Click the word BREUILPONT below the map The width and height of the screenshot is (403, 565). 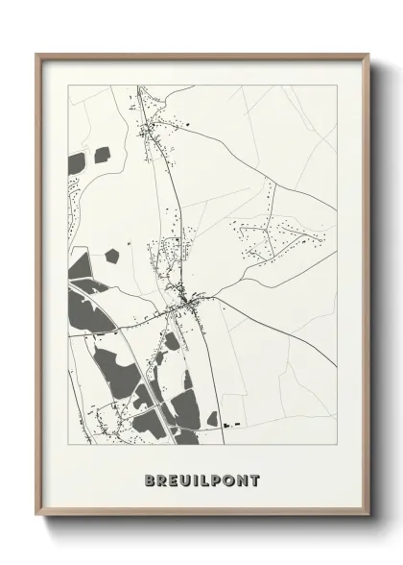(201, 479)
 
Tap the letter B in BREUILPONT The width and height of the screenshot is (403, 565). (150, 479)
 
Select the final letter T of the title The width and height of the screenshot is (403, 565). (254, 479)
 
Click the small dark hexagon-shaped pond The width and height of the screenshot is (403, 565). (113, 256)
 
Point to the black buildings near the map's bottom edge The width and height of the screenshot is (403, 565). (228, 423)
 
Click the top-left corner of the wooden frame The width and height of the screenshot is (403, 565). (37, 54)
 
